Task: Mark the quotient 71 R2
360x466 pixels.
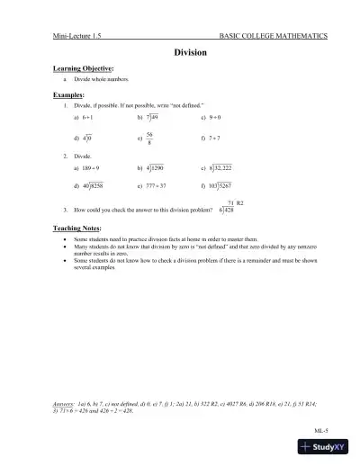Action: (237, 203)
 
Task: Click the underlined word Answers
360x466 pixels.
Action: (67, 399)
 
